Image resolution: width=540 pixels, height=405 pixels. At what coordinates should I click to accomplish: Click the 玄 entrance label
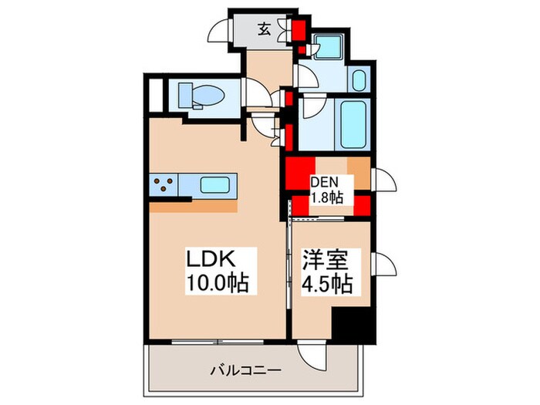coord(264,31)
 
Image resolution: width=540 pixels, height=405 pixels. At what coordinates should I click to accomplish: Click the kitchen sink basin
coord(217,185)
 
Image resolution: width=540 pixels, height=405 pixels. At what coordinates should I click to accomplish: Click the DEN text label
coord(323,184)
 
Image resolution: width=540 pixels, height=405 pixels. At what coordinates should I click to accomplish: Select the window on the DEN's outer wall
coord(383,182)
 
